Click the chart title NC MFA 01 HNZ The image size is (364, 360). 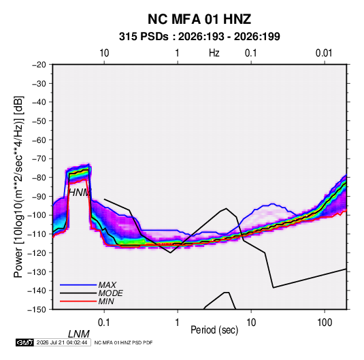click(199, 19)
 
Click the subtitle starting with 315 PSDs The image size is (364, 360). click(199, 37)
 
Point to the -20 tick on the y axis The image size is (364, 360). click(39, 65)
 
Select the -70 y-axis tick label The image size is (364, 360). click(39, 159)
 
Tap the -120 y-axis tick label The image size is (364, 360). click(37, 253)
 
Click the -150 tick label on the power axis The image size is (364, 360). click(37, 310)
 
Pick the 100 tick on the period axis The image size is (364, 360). click(325, 323)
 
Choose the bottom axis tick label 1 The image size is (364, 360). click(178, 323)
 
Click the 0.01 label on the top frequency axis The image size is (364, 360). click(324, 53)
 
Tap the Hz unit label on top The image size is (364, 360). click(214, 53)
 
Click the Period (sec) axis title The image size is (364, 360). click(214, 330)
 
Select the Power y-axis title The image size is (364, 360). click(18, 187)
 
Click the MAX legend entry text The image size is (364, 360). click(107, 285)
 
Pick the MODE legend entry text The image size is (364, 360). click(110, 293)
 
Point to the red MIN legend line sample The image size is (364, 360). click(78, 301)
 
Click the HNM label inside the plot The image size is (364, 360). click(80, 193)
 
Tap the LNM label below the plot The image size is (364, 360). click(79, 334)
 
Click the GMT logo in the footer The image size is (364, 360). click(25, 342)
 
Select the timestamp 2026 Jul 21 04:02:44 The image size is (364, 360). click(62, 342)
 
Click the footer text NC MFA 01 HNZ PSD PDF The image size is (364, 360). click(124, 342)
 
